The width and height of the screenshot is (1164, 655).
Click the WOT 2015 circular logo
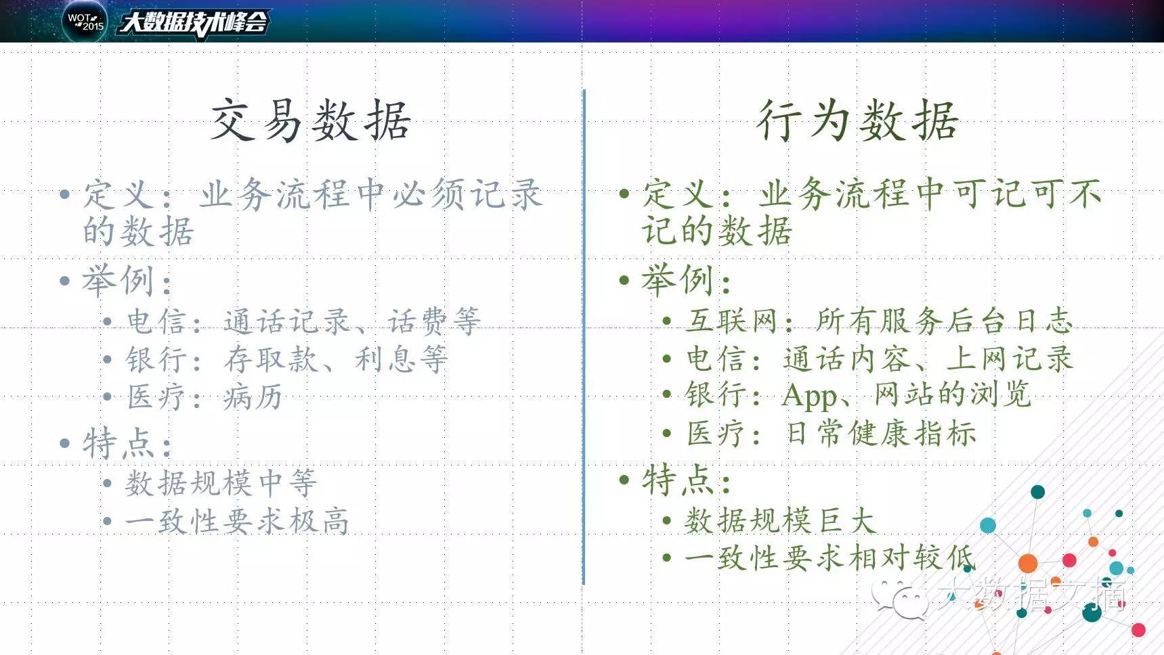[x=85, y=21]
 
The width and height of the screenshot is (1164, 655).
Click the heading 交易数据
[x=310, y=120]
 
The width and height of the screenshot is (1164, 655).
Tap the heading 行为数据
[x=858, y=120]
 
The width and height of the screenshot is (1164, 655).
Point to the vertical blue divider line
[x=584, y=337]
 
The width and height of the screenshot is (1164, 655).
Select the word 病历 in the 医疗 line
[x=253, y=397]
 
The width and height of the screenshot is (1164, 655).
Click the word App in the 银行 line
[x=809, y=395]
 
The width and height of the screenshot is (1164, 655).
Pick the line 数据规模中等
[x=221, y=483]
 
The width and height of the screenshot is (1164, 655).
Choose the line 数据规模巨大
[x=780, y=520]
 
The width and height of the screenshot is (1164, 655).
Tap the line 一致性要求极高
[x=237, y=521]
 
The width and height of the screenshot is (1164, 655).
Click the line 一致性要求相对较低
[x=829, y=558]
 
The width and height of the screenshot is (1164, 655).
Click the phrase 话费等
[x=434, y=321]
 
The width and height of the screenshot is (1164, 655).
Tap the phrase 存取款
[x=271, y=359]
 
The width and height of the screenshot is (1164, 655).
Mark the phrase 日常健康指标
[x=881, y=433]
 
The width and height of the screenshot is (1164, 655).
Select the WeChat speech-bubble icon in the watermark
[x=900, y=597]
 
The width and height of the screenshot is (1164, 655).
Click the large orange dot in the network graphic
[x=1028, y=563]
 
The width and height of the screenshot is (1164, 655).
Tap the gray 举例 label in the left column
[x=118, y=280]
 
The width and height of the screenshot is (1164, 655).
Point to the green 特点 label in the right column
[x=678, y=480]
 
